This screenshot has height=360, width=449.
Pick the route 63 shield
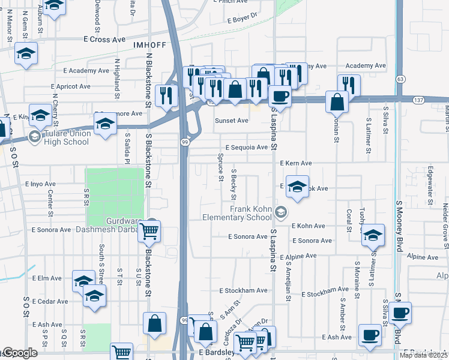click(x=401, y=79)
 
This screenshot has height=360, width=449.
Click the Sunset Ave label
click(x=232, y=121)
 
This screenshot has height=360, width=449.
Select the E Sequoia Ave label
click(x=247, y=147)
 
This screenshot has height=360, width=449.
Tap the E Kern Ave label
click(x=296, y=163)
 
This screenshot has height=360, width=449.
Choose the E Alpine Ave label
click(x=297, y=256)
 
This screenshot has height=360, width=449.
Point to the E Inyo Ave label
click(x=40, y=184)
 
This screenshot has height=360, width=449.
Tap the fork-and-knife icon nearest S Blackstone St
click(x=164, y=95)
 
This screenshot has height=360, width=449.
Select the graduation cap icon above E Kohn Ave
click(x=297, y=186)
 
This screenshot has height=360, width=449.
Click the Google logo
click(x=19, y=353)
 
